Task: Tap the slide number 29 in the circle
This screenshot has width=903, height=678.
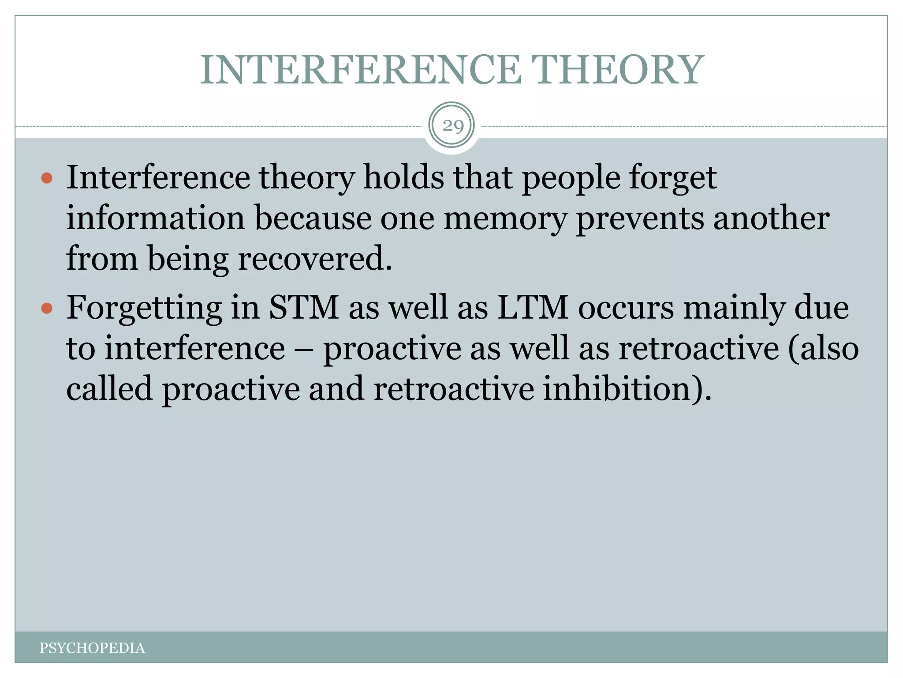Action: point(453,126)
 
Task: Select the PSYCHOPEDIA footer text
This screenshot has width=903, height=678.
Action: point(92,648)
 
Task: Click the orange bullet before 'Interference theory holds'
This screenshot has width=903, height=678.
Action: point(47,178)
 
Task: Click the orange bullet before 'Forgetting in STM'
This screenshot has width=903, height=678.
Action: point(47,308)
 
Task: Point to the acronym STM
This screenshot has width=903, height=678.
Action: point(304,307)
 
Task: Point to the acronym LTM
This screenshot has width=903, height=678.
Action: point(533,307)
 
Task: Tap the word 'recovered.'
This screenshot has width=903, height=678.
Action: point(315,259)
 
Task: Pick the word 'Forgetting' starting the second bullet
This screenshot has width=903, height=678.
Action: point(145,308)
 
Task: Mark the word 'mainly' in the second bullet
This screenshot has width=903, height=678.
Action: point(735,308)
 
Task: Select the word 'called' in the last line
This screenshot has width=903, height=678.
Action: point(109,389)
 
